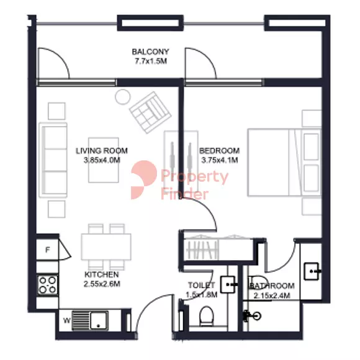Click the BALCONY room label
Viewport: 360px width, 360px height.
[150, 52]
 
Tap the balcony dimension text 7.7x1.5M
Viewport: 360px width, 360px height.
[151, 61]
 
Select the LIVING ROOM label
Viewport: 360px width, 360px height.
[102, 151]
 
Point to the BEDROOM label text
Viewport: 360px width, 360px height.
[220, 151]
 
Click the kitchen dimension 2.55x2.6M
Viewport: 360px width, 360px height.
[102, 284]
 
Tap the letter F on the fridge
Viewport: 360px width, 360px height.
[48, 250]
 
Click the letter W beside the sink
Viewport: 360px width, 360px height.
[67, 320]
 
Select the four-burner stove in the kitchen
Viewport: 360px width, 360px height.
[48, 285]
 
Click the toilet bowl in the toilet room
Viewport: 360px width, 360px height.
[207, 316]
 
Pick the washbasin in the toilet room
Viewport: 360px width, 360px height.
[228, 285]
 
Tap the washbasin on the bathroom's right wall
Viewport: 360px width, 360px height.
[312, 271]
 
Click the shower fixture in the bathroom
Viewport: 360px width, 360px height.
[252, 316]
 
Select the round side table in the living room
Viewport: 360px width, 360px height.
[123, 97]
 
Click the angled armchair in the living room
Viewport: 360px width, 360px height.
[150, 112]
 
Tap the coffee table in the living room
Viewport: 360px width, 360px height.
[104, 160]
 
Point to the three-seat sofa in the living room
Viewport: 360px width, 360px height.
[53, 160]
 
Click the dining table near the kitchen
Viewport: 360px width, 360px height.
[106, 247]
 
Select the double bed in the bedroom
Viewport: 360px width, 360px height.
[284, 163]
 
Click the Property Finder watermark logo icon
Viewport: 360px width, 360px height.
[144, 180]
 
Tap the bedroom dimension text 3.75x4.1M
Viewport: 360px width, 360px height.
[220, 160]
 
